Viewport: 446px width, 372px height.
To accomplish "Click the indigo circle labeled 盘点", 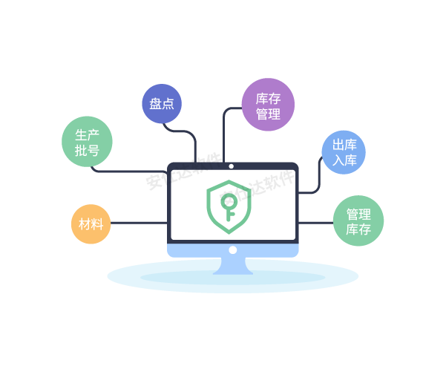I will pos(162,104).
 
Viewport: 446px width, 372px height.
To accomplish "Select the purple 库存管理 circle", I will pos(268,105).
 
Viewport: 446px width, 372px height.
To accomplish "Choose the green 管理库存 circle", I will pos(358,221).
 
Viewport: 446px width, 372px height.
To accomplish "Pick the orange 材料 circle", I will pos(91,223).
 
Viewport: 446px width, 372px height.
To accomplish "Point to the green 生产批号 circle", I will pos(87,142).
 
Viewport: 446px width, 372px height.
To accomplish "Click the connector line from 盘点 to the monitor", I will pos(186,134).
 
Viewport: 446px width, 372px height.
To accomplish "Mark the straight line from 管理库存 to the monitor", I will pos(315,222).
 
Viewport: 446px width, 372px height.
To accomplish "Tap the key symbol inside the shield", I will pos(232,207).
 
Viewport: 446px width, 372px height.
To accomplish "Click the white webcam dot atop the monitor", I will pos(232,166).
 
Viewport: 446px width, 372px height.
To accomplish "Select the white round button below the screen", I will pos(232,250).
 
